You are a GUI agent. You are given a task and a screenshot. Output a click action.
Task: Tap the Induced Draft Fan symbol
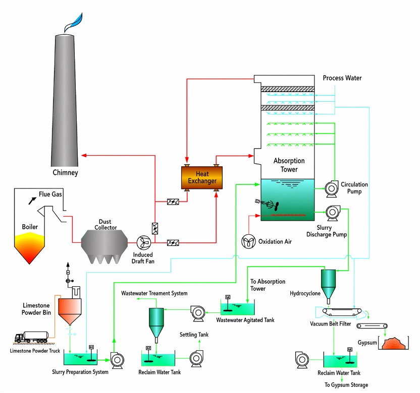[x=143, y=243]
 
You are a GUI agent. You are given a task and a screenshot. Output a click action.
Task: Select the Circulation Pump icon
[x=331, y=188]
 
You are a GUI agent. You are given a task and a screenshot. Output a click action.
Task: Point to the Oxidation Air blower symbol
[x=248, y=241]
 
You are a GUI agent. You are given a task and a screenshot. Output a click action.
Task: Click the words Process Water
[x=342, y=78]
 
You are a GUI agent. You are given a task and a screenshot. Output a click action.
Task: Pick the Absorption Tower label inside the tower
[x=289, y=165]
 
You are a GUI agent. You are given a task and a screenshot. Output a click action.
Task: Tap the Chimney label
[x=65, y=173]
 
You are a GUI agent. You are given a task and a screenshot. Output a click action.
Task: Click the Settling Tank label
[x=194, y=335]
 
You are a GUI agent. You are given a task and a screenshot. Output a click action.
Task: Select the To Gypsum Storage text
[x=346, y=385]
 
